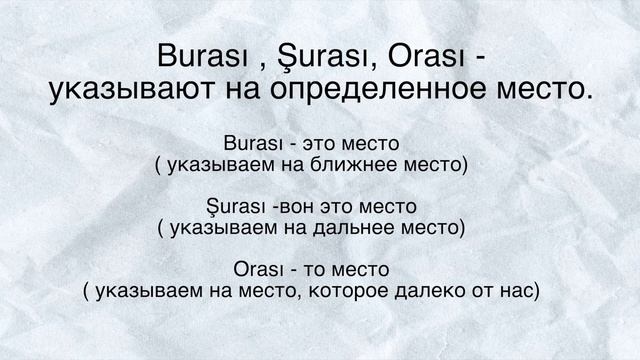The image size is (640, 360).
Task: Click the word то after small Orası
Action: [319, 270]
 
